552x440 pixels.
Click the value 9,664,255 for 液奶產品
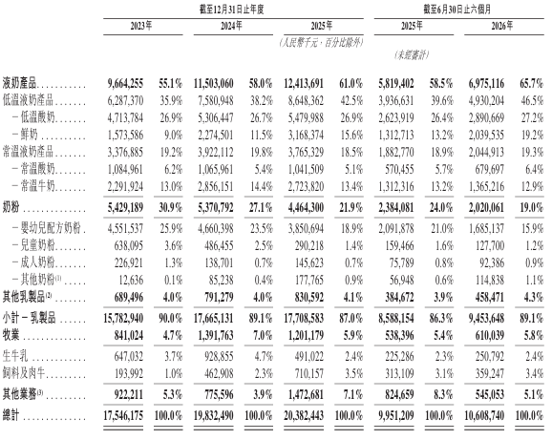pos(125,83)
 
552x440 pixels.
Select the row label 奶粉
pos(11,207)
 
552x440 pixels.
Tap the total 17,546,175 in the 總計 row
pos(123,415)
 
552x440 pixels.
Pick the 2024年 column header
pos(231,26)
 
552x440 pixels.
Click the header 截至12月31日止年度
pos(232,10)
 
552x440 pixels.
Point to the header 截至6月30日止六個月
pos(456,10)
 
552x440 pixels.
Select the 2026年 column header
pos(502,26)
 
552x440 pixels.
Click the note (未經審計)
pos(412,54)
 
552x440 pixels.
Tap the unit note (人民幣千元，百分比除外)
pos(322,43)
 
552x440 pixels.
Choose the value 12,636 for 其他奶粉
pos(131,280)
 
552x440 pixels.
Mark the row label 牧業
pos(11,335)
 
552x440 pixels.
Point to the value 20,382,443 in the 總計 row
pos(304,415)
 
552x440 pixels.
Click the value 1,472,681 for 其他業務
pos(306,394)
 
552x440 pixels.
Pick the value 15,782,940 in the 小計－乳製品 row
pos(123,318)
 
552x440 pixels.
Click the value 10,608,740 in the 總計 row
pos(484,415)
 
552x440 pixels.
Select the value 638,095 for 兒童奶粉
pos(129,245)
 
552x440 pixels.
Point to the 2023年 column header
pos(141,26)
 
